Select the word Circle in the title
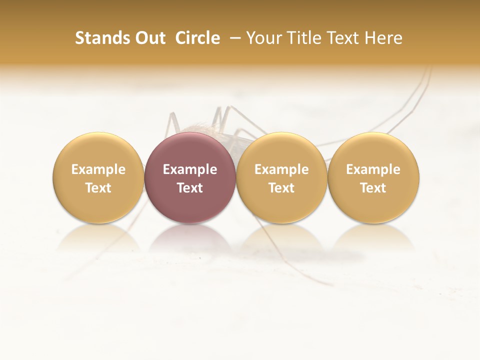(197, 38)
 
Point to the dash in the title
(233, 38)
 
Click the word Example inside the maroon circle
(190, 169)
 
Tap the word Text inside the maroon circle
(190, 188)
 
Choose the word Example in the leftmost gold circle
(98, 169)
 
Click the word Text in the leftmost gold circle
(98, 188)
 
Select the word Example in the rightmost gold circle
(373, 169)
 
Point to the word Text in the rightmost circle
(373, 188)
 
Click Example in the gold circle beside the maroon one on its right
(281, 169)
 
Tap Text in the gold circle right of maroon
(281, 188)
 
